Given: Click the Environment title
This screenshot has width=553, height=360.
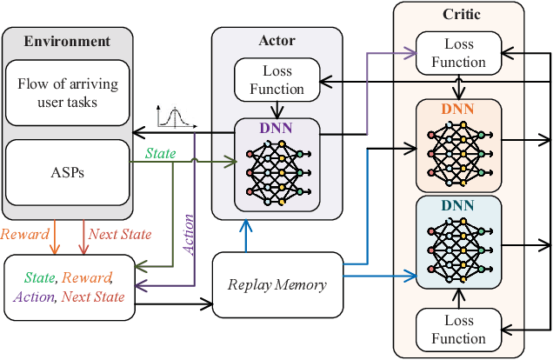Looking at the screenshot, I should (x=68, y=41).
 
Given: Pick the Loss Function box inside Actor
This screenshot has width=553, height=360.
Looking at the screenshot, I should (x=271, y=79).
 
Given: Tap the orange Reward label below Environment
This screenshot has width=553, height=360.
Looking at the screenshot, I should (x=25, y=235).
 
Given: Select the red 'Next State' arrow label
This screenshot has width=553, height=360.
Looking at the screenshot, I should (x=119, y=235).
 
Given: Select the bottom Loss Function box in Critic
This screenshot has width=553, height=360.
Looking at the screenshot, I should (x=459, y=329).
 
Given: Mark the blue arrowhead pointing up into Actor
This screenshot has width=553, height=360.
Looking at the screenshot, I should (x=248, y=225).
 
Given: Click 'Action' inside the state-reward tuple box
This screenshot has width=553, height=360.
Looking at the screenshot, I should (x=32, y=297).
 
